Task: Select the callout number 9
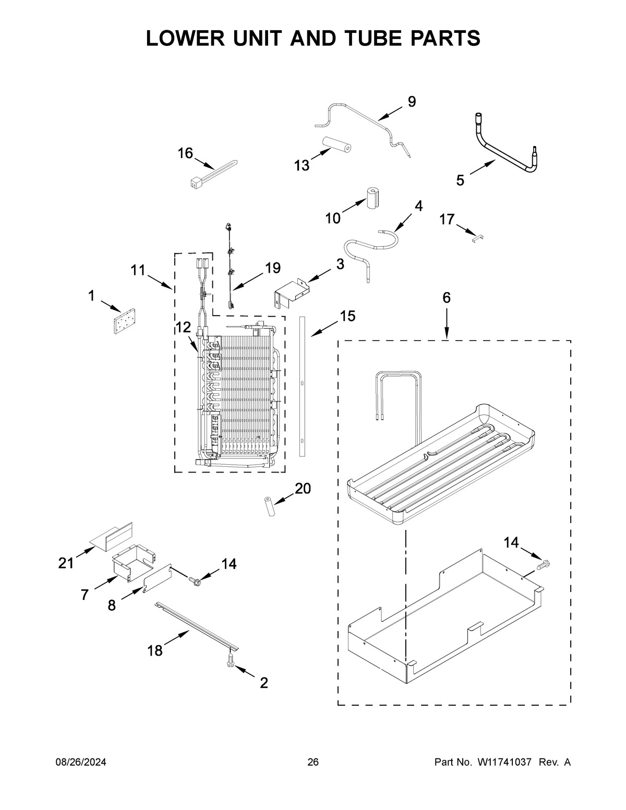tap(412, 102)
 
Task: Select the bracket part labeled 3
tap(291, 291)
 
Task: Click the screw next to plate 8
tap(195, 579)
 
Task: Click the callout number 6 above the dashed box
tap(447, 298)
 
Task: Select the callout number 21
tap(66, 563)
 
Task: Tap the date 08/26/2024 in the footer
tap(81, 762)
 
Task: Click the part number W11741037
tap(503, 762)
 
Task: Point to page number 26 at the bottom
tap(312, 762)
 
